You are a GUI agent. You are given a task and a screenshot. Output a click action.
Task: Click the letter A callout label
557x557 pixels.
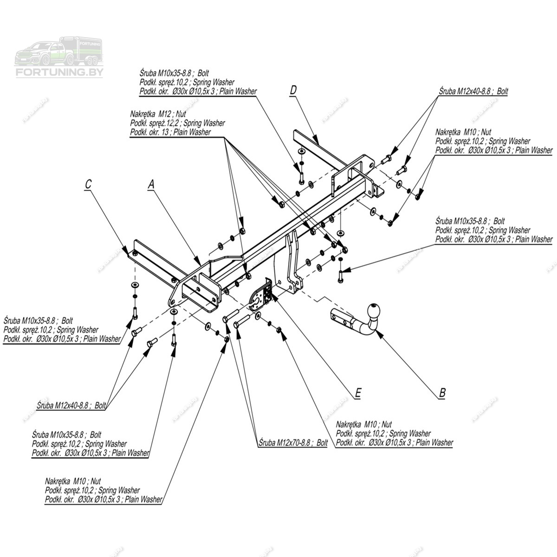click(x=150, y=184)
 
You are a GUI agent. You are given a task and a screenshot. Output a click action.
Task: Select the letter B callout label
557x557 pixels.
click(x=442, y=393)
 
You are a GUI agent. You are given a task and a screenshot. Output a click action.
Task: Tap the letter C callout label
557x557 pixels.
click(x=88, y=184)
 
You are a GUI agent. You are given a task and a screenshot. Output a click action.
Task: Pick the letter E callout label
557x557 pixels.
click(x=358, y=393)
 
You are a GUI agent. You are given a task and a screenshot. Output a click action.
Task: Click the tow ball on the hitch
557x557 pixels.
click(x=375, y=311)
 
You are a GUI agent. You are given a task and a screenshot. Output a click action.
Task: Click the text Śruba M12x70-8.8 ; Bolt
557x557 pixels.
click(x=294, y=443)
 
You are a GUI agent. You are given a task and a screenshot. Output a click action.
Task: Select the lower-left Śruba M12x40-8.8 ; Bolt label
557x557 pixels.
click(x=71, y=405)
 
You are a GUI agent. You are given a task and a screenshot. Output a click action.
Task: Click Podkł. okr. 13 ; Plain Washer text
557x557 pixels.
click(x=170, y=132)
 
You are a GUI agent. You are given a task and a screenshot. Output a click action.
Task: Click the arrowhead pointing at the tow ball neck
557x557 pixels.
click(x=377, y=331)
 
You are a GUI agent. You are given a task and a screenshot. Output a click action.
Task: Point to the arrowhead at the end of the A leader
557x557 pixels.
click(x=200, y=260)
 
